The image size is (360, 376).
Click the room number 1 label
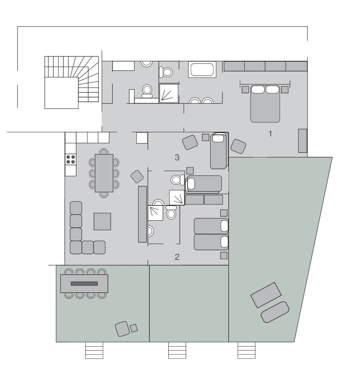tap(270, 133)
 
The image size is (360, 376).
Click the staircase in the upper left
tap(71, 82)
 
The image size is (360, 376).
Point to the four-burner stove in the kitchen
tap(70, 159)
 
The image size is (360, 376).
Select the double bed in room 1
tap(265, 103)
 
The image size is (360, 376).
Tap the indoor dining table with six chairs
tap(104, 173)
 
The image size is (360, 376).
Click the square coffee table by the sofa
tap(102, 221)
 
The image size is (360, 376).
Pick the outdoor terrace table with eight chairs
tap(84, 283)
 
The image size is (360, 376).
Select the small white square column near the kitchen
tap(142, 138)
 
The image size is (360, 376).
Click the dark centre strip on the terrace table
tap(84, 283)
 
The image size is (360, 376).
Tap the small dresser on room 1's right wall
tap(303, 140)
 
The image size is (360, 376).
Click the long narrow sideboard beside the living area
tap(142, 214)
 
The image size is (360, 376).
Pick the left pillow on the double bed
tap(258, 89)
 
